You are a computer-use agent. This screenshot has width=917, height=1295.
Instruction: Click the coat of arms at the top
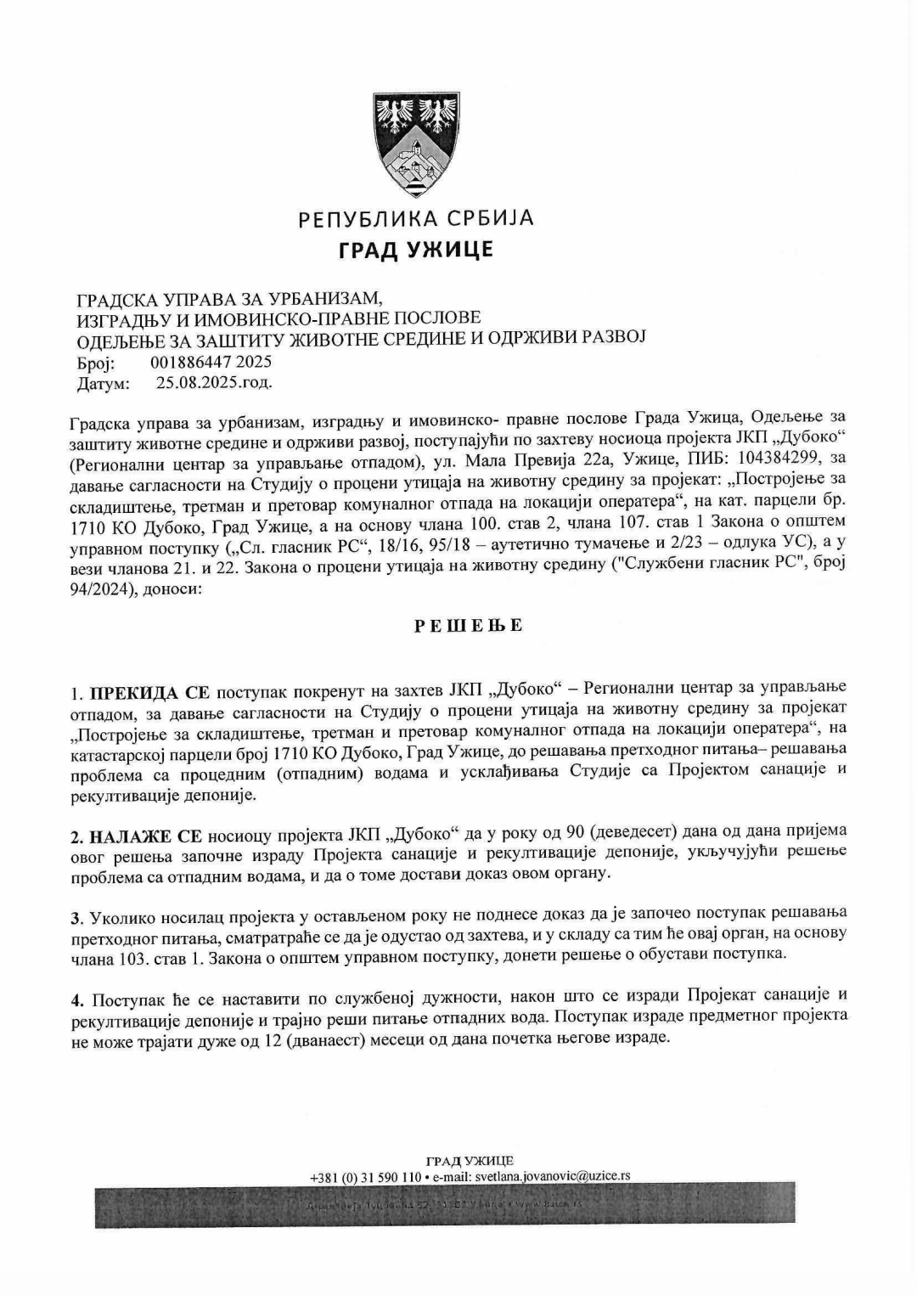click(x=416, y=144)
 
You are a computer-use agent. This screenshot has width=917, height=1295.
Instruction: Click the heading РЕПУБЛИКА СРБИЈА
click(x=416, y=219)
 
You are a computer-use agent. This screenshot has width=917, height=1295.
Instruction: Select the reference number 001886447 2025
click(x=211, y=363)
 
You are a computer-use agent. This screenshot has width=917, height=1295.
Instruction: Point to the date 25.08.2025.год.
click(x=214, y=382)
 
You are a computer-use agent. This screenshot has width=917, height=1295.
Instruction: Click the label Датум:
click(x=104, y=383)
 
